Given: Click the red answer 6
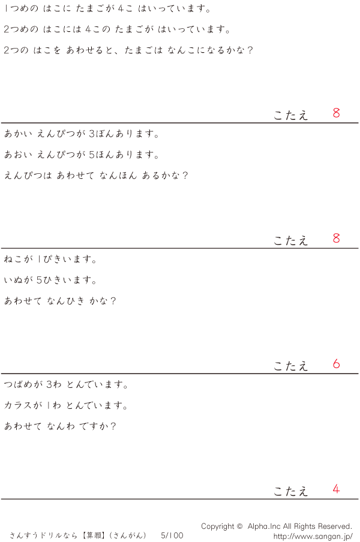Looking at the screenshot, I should (x=336, y=364).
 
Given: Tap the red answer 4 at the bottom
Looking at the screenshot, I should (x=336, y=489).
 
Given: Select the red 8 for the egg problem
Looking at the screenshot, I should (x=336, y=113).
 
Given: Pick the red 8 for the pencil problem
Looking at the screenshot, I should (x=336, y=238).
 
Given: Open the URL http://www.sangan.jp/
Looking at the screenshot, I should (x=313, y=536).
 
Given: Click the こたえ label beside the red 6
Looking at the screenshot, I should (x=291, y=366).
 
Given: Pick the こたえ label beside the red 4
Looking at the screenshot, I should (x=291, y=491).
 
